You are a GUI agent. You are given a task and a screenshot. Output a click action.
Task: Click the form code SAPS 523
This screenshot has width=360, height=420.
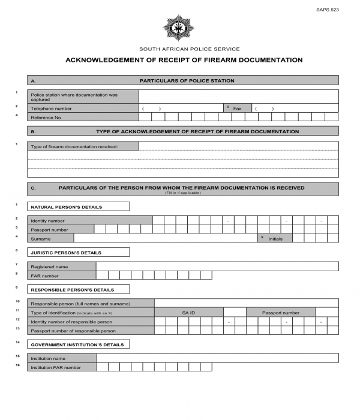(x=327, y=10)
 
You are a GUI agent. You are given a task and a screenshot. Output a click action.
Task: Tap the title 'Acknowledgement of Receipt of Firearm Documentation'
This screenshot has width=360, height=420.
(x=184, y=60)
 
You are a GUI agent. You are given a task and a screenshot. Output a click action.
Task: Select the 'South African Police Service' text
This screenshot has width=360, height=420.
(x=189, y=49)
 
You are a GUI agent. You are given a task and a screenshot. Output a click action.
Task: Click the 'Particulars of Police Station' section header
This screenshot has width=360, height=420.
(x=187, y=80)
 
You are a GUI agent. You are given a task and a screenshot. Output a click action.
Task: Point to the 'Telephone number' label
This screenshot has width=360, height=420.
(x=51, y=109)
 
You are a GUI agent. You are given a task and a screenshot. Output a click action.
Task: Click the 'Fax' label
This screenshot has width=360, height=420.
(x=237, y=109)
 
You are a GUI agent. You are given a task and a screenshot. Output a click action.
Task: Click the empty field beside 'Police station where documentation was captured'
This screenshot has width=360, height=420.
(x=238, y=97)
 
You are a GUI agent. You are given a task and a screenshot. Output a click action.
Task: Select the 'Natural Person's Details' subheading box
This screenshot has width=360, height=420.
(x=79, y=207)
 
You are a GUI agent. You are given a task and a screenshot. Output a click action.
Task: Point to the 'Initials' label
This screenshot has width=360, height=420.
(x=275, y=238)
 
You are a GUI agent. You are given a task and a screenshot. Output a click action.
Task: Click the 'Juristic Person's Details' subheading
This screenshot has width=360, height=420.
(x=79, y=253)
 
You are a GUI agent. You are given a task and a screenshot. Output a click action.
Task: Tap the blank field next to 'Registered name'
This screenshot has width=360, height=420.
(x=217, y=266)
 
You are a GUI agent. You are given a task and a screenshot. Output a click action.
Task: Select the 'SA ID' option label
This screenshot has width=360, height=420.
(x=188, y=313)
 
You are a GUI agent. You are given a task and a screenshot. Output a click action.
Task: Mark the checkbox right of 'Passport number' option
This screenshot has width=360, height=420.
(x=327, y=313)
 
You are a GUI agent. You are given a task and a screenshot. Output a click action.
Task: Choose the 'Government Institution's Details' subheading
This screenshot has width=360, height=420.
(x=79, y=345)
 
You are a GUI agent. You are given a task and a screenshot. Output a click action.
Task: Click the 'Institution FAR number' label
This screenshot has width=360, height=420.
(x=56, y=367)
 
